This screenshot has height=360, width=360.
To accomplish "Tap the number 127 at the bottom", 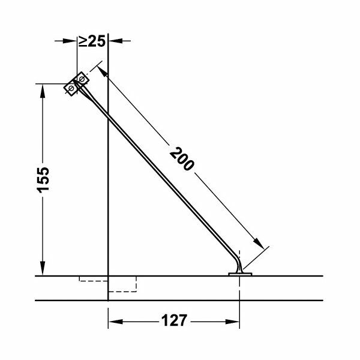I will (x=173, y=320).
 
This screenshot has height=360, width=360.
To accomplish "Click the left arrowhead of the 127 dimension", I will (x=114, y=321).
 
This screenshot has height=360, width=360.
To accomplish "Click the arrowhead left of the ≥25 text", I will (x=71, y=41).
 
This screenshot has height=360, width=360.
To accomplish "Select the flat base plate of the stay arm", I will (x=241, y=274).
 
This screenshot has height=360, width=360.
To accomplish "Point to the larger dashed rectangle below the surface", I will (x=122, y=284).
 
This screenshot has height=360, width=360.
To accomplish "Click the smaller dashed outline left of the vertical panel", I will (x=92, y=279).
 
